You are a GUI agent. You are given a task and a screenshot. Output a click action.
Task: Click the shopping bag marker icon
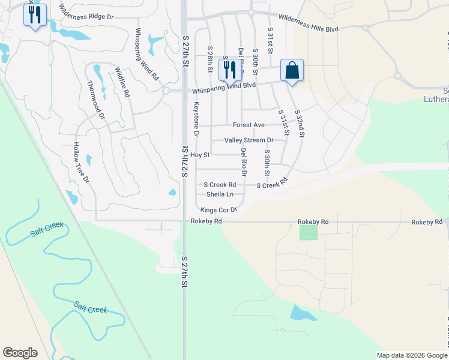(x=292, y=70)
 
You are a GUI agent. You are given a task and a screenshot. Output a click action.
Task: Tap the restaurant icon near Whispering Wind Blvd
(x=229, y=70)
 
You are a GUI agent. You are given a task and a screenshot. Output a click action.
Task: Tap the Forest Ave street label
(x=249, y=125)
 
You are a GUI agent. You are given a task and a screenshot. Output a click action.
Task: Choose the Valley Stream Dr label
(x=249, y=140)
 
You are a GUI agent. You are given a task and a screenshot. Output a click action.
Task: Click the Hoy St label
(x=199, y=155)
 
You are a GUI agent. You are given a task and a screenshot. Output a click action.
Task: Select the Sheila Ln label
(x=220, y=194)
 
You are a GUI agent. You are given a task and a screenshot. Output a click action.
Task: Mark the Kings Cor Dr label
(x=219, y=210)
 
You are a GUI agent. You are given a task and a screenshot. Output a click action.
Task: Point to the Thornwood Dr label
(x=96, y=100)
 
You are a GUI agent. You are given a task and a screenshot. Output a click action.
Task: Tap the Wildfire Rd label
(x=122, y=82)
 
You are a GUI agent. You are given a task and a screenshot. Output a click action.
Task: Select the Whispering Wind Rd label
(x=146, y=55)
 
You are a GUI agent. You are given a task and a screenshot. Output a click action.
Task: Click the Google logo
(x=20, y=353)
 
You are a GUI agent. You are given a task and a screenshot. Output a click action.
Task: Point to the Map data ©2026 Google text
(x=411, y=355)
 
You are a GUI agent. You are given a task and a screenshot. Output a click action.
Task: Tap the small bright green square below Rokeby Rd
(x=309, y=232)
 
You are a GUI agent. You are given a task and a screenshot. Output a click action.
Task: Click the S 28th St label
(x=210, y=59)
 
